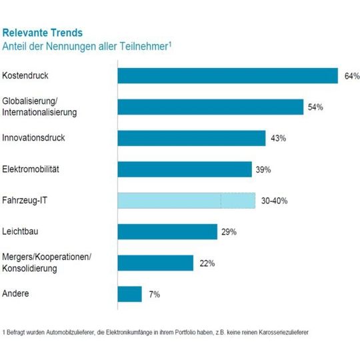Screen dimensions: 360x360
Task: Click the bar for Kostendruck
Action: pyautogui.click(x=227, y=75)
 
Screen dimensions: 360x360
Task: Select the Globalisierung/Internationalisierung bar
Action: pyautogui.click(x=210, y=107)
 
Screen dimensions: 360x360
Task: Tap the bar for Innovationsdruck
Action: pyautogui.click(x=192, y=138)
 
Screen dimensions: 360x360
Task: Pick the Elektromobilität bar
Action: pyautogui.click(x=185, y=169)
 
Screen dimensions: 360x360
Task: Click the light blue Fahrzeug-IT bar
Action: pyautogui.click(x=186, y=201)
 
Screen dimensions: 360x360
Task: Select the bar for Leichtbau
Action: pyautogui.click(x=167, y=231)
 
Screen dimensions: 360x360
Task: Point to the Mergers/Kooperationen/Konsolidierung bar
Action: pyautogui.click(x=155, y=263)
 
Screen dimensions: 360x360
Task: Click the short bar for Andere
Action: pyautogui.click(x=129, y=294)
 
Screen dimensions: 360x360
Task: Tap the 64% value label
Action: pyautogui.click(x=352, y=76)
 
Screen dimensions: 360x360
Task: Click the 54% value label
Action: pyautogui.click(x=315, y=107)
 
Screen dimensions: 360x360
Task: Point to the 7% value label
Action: pyautogui.click(x=153, y=295)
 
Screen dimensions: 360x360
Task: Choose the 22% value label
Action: pyautogui.click(x=206, y=263)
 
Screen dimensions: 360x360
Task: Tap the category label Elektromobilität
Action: pyautogui.click(x=31, y=169)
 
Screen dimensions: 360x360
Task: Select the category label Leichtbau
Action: pyautogui.click(x=20, y=231)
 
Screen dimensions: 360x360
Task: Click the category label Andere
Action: pyautogui.click(x=15, y=294)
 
